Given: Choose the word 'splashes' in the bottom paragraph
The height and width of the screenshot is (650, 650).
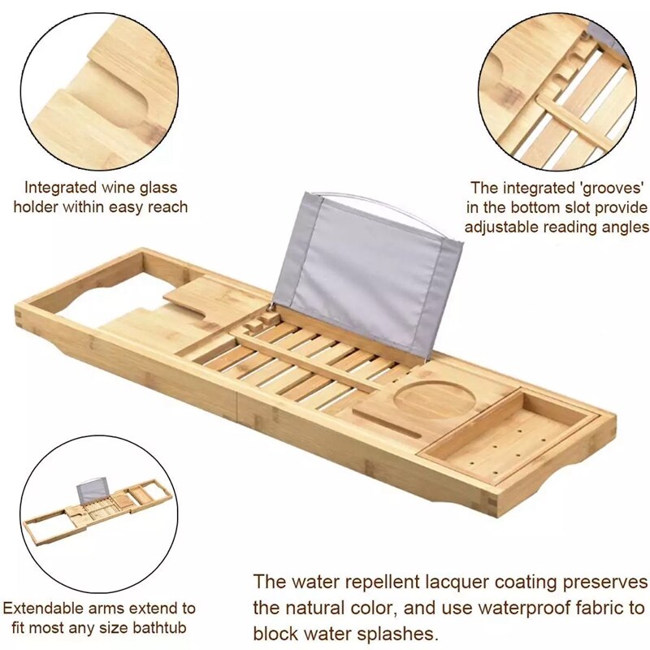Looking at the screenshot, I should point(397,633).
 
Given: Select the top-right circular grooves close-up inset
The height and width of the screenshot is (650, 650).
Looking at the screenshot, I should point(556,94).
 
